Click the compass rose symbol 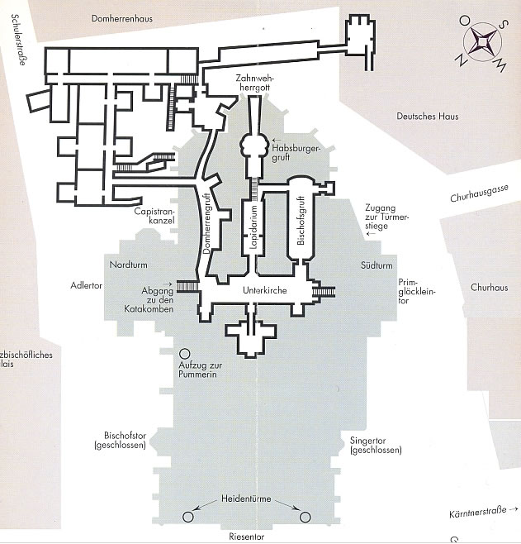pyautogui.click(x=484, y=42)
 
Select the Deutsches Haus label pyautogui.click(x=427, y=117)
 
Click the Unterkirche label pyautogui.click(x=263, y=292)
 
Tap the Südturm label pyautogui.click(x=376, y=265)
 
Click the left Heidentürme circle pyautogui.click(x=187, y=517)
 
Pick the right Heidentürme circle pyautogui.click(x=305, y=517)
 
